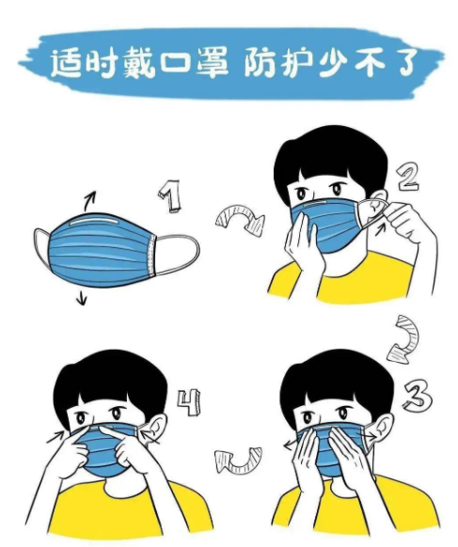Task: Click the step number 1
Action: pyautogui.click(x=171, y=195)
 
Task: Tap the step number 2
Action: pyautogui.click(x=406, y=177)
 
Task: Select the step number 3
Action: pyautogui.click(x=418, y=397)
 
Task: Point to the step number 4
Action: pyautogui.click(x=189, y=403)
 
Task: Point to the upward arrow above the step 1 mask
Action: pyautogui.click(x=89, y=200)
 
